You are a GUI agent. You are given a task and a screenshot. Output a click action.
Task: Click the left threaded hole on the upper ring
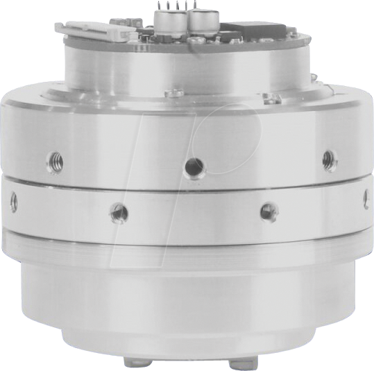tap(56, 162)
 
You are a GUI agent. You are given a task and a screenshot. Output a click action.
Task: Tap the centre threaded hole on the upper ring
tap(194, 166)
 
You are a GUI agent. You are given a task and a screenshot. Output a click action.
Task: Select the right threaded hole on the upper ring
tap(330, 160)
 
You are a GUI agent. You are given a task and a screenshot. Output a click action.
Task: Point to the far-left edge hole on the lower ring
tap(13, 202)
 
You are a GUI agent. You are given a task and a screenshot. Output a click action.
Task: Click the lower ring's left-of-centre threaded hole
tap(119, 212)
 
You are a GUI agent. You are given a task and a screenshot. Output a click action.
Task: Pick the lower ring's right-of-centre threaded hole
tap(269, 211)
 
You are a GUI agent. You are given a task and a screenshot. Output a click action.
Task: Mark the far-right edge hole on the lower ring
tap(366, 200)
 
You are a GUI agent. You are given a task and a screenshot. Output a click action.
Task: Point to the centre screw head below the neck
tap(175, 92)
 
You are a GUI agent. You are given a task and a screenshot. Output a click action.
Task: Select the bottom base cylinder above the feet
tap(187, 305)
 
